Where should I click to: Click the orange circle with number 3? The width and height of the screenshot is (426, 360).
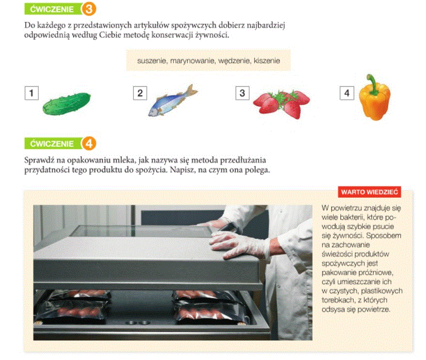point(89,9)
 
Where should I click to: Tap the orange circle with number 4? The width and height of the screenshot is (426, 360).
point(89,143)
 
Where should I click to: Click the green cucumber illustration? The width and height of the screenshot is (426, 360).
point(66,104)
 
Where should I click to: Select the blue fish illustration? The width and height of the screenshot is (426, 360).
point(173,100)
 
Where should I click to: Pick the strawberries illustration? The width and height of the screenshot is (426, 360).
point(282,104)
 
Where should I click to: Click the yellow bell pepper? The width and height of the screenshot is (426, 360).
point(375,98)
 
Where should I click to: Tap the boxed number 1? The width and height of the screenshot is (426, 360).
point(32,93)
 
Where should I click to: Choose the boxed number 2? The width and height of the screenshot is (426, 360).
point(140,93)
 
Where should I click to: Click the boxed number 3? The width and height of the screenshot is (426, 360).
point(242,93)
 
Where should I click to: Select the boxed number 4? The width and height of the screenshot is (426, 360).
point(347,93)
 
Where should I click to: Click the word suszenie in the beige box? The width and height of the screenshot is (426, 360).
point(152,61)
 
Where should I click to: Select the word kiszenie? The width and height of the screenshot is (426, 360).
point(267,61)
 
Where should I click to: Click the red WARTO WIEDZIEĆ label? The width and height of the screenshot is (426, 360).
point(369,192)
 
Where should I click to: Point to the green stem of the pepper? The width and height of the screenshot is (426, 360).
point(373,84)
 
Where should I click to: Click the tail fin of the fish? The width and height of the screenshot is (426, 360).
point(191,91)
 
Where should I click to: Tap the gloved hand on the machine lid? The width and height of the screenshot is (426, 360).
point(239,245)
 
